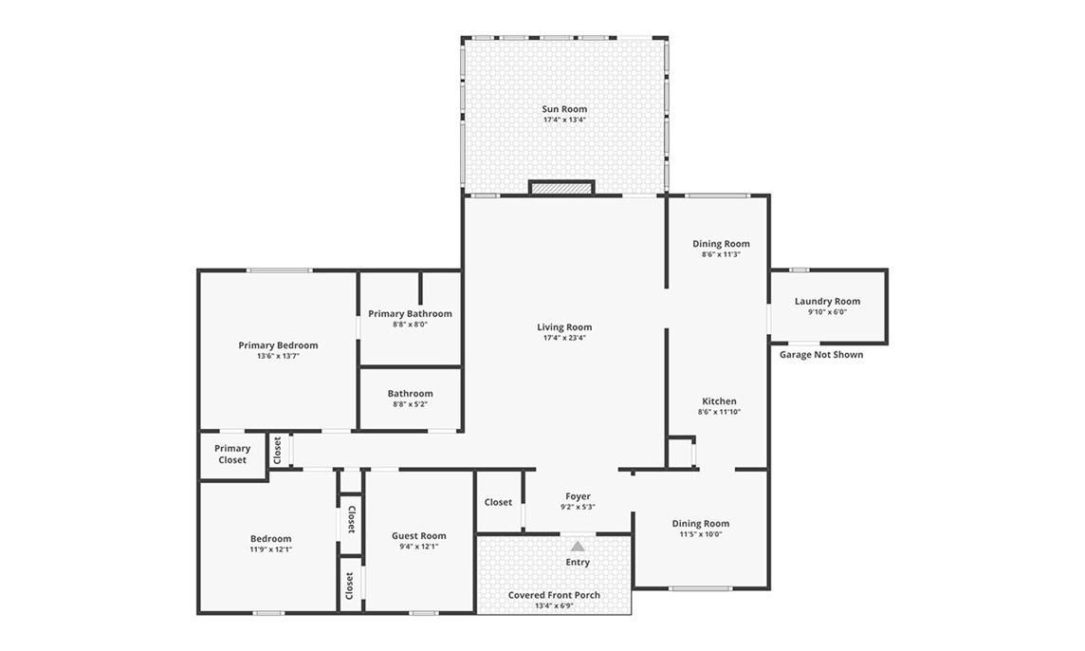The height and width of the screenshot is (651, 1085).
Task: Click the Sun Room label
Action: (564, 109)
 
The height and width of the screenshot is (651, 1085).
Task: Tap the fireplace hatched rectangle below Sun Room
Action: (561, 188)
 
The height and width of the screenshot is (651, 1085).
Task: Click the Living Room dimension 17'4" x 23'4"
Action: (564, 338)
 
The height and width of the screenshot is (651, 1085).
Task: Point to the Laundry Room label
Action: (827, 301)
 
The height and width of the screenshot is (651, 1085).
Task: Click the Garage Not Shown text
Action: (821, 355)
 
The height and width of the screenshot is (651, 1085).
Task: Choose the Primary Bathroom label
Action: (410, 314)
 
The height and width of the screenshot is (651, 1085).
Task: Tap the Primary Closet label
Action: (231, 455)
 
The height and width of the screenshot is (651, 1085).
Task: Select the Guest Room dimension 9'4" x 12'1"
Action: (418, 547)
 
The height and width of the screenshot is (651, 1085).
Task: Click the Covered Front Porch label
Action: (554, 595)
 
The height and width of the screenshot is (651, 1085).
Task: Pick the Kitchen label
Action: (719, 401)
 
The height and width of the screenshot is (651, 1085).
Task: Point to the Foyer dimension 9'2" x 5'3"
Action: (578, 507)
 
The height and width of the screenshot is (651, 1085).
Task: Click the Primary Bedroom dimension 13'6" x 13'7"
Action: (278, 356)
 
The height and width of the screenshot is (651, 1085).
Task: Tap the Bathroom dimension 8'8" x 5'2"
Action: (410, 404)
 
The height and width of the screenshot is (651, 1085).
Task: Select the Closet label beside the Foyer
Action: (498, 502)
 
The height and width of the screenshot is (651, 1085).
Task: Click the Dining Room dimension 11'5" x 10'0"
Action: (700, 534)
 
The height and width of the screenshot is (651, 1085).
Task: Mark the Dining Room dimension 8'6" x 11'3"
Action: (721, 254)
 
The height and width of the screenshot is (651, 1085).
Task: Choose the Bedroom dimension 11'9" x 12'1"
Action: (270, 549)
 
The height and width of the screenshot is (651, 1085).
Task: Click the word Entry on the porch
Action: (577, 563)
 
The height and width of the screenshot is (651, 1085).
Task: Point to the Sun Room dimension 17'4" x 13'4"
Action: (564, 120)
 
